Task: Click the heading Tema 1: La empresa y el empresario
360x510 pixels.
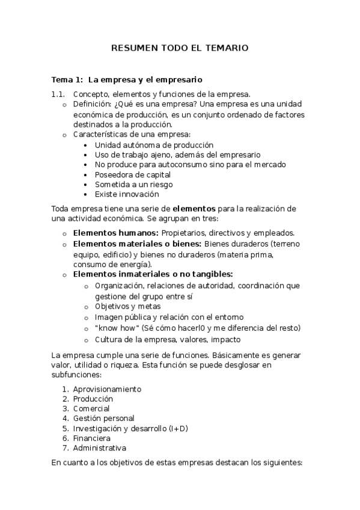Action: [126, 79]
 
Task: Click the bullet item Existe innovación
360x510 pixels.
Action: [127, 194]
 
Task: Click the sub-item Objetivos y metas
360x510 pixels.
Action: [127, 306]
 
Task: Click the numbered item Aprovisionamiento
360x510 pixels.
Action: [107, 389]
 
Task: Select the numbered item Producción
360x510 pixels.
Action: [93, 398]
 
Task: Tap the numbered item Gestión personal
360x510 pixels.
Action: [103, 418]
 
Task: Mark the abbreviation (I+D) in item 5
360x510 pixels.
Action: [178, 428]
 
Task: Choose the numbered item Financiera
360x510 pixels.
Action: [91, 438]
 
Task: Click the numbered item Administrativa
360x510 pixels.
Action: [99, 448]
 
